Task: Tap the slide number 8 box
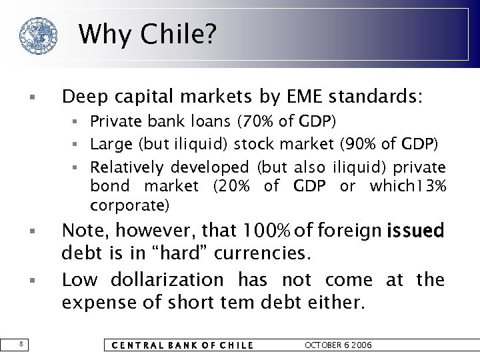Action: [x=22, y=345]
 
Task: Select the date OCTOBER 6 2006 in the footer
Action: [x=338, y=345]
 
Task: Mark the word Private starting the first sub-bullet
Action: [x=113, y=122]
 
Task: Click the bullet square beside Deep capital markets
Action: [x=32, y=99]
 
